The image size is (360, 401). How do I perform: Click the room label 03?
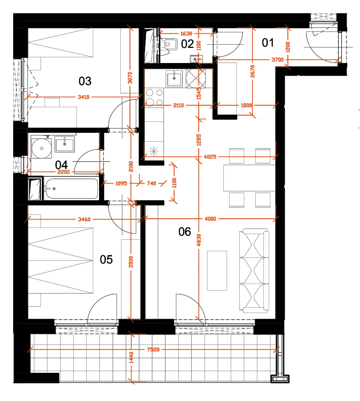[x=85, y=81]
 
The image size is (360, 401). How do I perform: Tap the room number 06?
[x=184, y=232]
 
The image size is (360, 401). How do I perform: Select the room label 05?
[x=106, y=259]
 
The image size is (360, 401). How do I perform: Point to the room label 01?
[x=268, y=43]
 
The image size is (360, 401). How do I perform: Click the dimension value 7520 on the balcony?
[x=153, y=349]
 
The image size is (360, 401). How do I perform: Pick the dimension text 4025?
[x=210, y=156]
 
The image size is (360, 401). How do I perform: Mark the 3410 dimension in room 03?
[x=83, y=97]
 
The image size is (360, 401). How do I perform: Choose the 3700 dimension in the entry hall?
[x=278, y=60]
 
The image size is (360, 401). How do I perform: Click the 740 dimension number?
[x=151, y=183]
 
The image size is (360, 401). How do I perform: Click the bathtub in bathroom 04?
[x=71, y=189]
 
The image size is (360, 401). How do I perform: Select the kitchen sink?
[x=174, y=79]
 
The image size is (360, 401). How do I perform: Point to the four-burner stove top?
[x=154, y=97]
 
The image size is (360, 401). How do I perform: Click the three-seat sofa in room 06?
[x=254, y=270]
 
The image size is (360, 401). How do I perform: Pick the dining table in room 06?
[x=249, y=178]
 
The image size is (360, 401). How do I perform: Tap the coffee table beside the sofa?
[x=217, y=270]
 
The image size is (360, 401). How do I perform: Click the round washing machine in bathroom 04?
[x=42, y=149]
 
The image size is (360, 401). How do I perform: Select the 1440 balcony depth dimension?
[x=131, y=358]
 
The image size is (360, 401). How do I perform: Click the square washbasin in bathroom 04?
[x=65, y=144]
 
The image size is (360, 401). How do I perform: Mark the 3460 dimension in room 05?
[x=84, y=219]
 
